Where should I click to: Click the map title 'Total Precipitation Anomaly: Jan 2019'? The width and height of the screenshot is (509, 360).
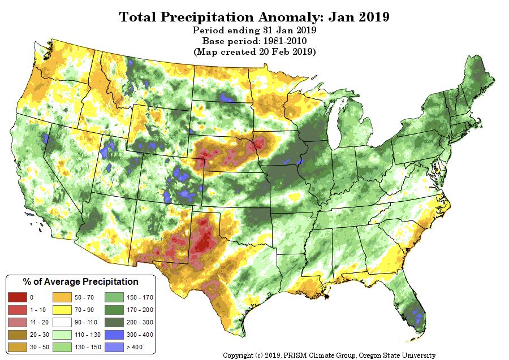(254, 16)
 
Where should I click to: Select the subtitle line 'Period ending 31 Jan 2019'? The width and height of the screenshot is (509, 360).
(254, 30)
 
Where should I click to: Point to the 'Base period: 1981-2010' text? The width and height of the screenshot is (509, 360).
(254, 41)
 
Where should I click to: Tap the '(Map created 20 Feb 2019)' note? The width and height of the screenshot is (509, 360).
(254, 51)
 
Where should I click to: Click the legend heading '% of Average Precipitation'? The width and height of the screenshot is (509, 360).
(80, 281)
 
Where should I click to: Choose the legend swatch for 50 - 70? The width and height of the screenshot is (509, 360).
(61, 297)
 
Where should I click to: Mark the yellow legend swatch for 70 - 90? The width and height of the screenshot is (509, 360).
(61, 309)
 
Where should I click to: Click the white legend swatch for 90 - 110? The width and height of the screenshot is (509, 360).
(61, 322)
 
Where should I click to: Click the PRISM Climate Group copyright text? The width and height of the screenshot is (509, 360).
(329, 355)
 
